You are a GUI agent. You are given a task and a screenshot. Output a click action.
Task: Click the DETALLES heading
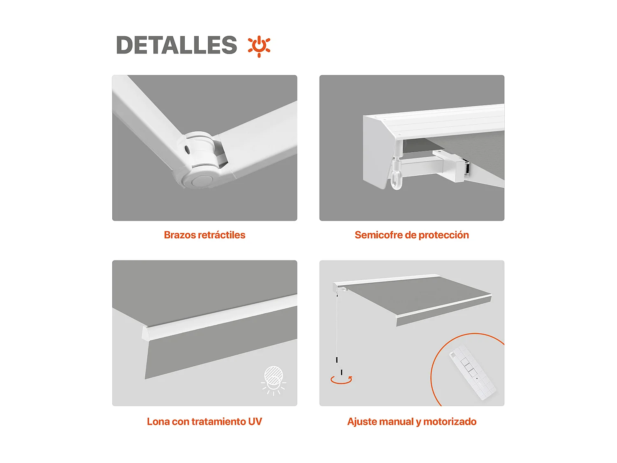pos(176,45)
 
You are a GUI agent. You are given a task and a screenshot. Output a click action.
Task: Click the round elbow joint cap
pos(202,180)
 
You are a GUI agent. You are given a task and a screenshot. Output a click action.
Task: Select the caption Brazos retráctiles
pos(204,235)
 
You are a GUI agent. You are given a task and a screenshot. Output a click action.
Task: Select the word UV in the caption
pos(255,422)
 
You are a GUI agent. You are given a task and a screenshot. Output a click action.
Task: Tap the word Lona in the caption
pos(158,422)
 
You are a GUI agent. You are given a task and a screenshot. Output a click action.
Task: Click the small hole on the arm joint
pos(188,149)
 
